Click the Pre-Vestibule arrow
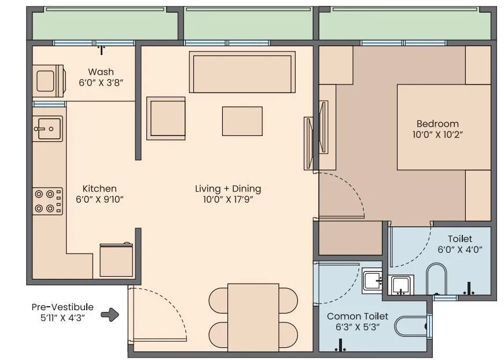click(110, 315)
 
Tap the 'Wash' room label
click(101, 72)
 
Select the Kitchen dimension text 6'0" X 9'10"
click(100, 200)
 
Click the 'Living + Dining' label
click(228, 189)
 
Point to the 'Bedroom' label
click(437, 124)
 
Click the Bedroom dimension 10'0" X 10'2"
click(437, 135)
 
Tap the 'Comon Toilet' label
click(358, 316)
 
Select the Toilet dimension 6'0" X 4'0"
click(460, 249)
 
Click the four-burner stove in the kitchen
click(47, 201)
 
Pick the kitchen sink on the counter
click(47, 128)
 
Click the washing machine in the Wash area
click(49, 81)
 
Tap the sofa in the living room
click(242, 72)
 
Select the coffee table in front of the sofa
click(242, 121)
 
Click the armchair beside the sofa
click(166, 118)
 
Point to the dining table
click(253, 318)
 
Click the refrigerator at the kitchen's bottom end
click(116, 260)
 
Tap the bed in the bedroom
click(444, 127)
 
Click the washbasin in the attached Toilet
click(401, 285)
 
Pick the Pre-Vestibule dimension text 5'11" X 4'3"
click(62, 318)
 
